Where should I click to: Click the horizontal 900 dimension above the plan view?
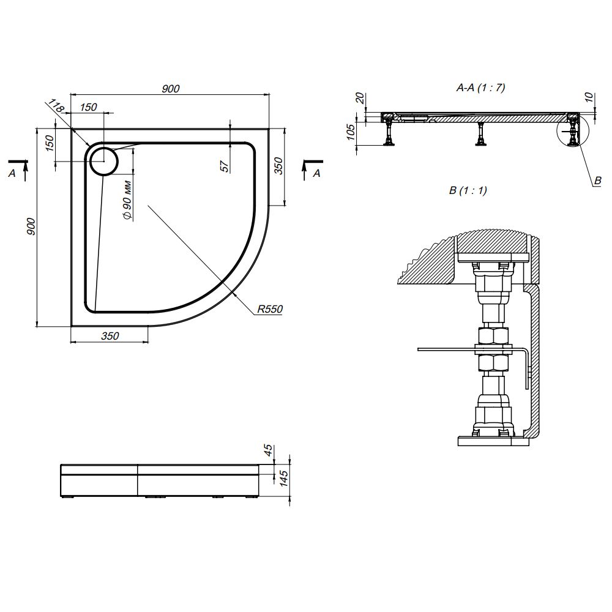pos(171,89)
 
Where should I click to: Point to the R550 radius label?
pos(269,310)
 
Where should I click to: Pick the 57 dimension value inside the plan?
pos(224,165)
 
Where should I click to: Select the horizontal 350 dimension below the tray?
pos(110,336)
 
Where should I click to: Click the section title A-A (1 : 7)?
pos(480,88)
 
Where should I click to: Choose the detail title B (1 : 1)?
pos(468,190)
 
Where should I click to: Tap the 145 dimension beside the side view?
pos(283,478)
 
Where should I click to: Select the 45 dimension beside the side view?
pos(267,451)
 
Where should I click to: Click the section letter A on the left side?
pos(12,174)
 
